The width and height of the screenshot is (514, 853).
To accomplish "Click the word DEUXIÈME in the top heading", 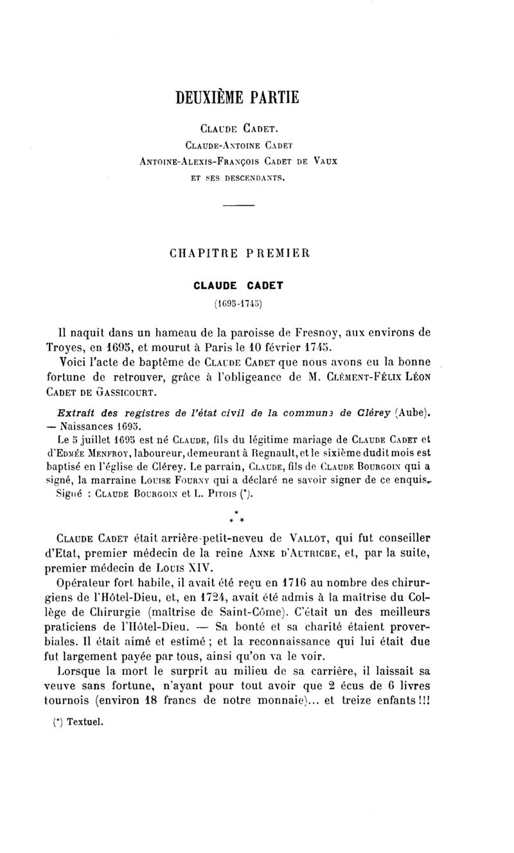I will point(207,97).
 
